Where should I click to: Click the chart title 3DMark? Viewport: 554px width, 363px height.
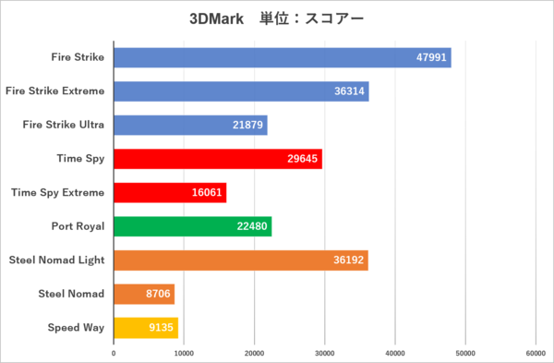[x=216, y=18]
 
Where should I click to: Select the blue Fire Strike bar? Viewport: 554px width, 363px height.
[x=283, y=57]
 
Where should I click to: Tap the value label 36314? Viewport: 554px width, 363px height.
[x=349, y=91]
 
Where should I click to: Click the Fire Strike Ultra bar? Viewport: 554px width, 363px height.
[x=190, y=125]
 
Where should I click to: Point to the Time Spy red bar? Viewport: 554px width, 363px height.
[x=218, y=159]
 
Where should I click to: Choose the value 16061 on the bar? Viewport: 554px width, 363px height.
[x=207, y=193]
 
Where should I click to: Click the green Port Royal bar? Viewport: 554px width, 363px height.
[x=193, y=226]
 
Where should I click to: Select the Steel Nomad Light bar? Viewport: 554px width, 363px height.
[x=241, y=260]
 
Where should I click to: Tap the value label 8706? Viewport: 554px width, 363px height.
[x=158, y=294]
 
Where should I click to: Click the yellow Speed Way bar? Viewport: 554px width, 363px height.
[x=146, y=328]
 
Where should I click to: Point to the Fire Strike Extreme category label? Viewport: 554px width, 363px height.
[x=55, y=91]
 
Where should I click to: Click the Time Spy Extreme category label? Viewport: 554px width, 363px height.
[x=57, y=193]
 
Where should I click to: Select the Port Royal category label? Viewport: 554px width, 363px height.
[x=78, y=226]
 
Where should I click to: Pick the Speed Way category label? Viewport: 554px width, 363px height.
[x=76, y=328]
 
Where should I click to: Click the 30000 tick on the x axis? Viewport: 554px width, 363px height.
[x=324, y=354]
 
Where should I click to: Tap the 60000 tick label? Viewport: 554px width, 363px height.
[x=536, y=354]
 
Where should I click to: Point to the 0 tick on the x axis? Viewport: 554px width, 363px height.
[x=114, y=354]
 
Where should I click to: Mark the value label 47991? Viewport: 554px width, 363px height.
[x=431, y=57]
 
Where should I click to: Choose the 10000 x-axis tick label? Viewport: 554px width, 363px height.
[x=184, y=354]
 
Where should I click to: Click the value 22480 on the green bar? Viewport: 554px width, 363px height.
[x=252, y=226]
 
